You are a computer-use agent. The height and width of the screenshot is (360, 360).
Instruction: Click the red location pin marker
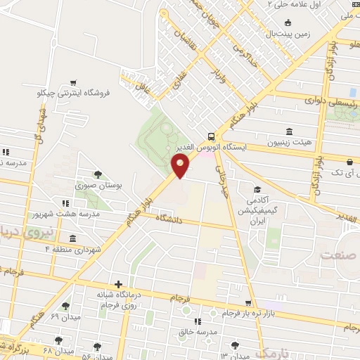(x=181, y=167)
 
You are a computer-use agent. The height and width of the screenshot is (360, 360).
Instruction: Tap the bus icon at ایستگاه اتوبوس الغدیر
(x=212, y=136)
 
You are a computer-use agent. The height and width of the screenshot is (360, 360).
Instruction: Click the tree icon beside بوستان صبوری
(x=98, y=175)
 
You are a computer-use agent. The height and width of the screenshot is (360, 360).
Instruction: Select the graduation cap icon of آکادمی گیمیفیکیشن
(x=257, y=189)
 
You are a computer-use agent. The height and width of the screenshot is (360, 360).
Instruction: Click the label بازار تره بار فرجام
(x=250, y=313)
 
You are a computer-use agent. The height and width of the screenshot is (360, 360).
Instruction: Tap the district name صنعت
(x=335, y=255)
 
